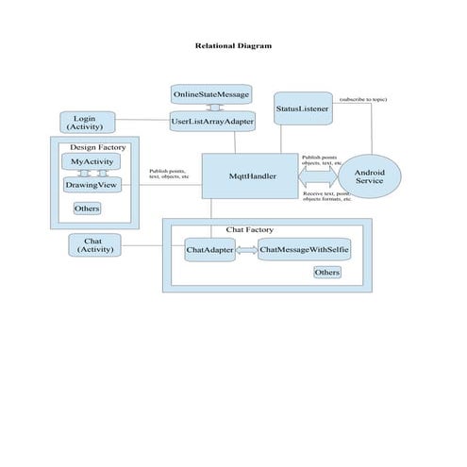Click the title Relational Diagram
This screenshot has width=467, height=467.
point(233,45)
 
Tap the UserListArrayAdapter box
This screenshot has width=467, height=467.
point(212,121)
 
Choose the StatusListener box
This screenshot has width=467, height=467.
point(302,109)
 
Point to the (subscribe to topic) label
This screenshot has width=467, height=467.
point(363,99)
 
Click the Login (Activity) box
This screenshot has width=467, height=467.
point(88,122)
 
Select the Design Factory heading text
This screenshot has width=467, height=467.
point(97,147)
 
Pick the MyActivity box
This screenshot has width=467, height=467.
point(92,162)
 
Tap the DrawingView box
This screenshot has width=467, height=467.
point(92,185)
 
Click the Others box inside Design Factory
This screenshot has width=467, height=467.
point(87,208)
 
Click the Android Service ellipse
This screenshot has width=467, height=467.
point(369,175)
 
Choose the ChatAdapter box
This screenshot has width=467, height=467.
point(208,250)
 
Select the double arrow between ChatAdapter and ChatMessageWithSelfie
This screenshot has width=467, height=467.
point(245,250)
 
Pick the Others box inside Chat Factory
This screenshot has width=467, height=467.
point(326,272)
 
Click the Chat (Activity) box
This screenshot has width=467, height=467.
point(94,245)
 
